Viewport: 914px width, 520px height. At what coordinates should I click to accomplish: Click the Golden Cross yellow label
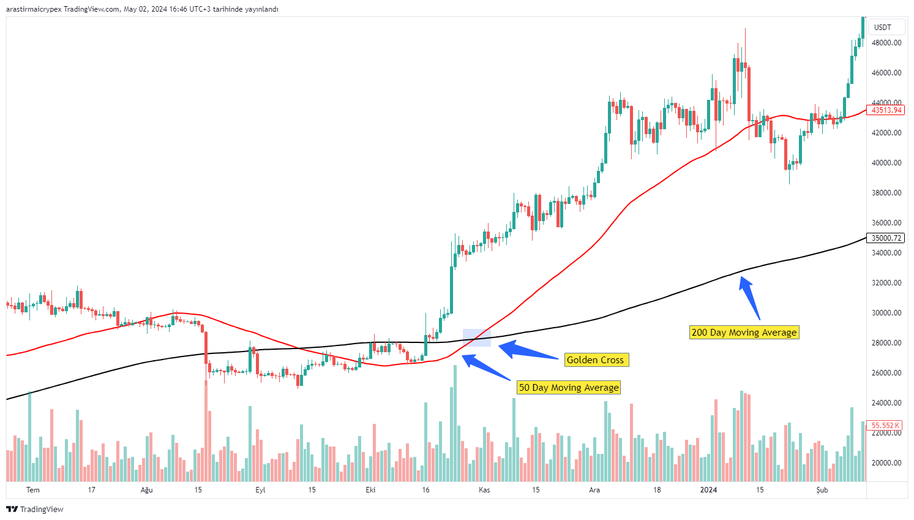click(596, 360)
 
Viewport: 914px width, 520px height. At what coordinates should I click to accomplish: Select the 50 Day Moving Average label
click(569, 388)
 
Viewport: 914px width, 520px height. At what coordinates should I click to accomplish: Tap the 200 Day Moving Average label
click(744, 333)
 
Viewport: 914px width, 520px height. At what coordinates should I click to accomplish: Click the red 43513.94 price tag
click(886, 110)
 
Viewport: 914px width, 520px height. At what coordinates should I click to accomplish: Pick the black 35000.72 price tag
click(886, 238)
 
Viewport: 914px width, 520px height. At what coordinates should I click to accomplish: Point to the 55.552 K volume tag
click(885, 425)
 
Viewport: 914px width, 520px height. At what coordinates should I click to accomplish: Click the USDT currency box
click(882, 28)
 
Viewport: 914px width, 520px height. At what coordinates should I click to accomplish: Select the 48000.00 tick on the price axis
click(886, 43)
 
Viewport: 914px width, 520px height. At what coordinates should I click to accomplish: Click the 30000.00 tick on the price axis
click(886, 313)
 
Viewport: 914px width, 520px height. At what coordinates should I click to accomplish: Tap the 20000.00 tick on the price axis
click(886, 463)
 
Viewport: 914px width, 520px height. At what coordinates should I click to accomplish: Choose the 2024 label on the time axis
click(708, 490)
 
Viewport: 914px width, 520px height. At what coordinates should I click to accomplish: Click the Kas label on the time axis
click(484, 490)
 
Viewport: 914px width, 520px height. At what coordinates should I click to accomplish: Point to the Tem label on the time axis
click(33, 490)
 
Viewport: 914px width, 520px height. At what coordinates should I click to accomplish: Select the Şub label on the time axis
click(822, 490)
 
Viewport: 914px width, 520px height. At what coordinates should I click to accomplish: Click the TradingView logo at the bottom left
click(35, 509)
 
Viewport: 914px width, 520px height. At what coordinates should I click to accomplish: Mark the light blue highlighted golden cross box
click(476, 337)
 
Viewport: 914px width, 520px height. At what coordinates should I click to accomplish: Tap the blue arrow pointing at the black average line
click(751, 298)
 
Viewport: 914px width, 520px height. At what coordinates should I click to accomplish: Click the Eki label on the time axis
click(370, 490)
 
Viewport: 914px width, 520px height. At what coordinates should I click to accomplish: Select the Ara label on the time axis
click(594, 490)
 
